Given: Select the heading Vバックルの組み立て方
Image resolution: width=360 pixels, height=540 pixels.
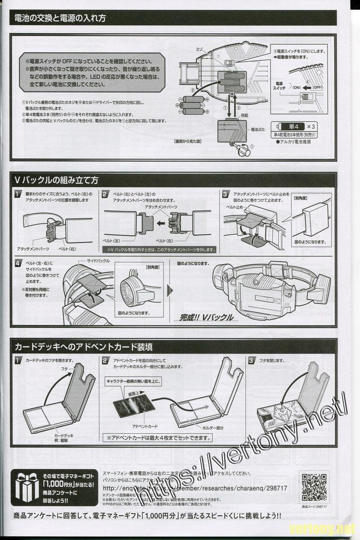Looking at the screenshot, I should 57,180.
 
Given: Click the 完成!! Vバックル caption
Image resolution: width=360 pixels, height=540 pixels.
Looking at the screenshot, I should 207,317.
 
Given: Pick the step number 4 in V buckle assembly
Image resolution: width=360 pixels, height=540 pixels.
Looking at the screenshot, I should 18,263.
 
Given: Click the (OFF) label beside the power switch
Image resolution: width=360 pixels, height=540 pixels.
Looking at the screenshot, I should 318,87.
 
